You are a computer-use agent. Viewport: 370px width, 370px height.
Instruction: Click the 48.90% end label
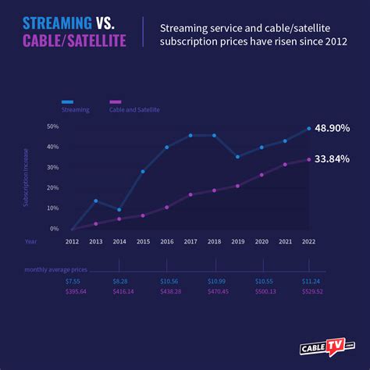tap(333, 127)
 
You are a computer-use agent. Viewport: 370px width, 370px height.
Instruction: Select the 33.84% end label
tap(333, 158)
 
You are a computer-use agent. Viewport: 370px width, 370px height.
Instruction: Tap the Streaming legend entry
tap(76, 110)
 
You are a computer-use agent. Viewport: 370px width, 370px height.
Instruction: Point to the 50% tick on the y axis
tap(53, 126)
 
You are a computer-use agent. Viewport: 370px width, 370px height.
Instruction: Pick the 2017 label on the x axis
tap(190, 242)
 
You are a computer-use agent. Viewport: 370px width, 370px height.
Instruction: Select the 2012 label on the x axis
tap(72, 242)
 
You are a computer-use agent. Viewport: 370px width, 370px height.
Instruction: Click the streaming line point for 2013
tap(95, 201)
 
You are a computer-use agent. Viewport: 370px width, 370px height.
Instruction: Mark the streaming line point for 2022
tap(309, 128)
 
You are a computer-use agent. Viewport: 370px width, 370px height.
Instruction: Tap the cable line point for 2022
tap(309, 159)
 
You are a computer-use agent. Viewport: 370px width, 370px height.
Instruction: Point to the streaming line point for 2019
tap(238, 156)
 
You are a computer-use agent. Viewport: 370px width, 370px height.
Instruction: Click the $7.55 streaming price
tap(73, 280)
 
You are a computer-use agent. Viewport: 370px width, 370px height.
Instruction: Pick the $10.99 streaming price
tap(216, 280)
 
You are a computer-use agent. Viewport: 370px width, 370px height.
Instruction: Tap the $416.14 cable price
tap(123, 291)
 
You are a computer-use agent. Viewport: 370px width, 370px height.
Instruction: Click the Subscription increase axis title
tap(26, 178)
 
